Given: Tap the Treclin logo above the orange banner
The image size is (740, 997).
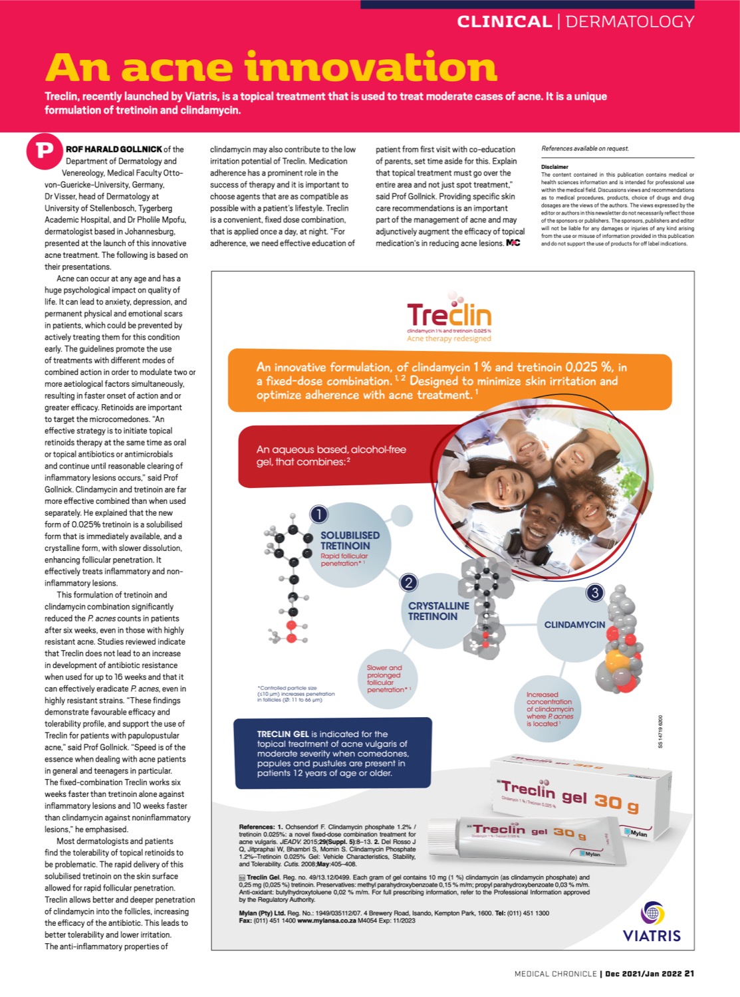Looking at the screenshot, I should coord(449,316).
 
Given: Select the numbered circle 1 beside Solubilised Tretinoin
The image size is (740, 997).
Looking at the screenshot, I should coord(318,514).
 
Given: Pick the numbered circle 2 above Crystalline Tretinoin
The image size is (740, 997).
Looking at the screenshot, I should coord(408,583).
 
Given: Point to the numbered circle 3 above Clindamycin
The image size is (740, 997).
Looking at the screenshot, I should coord(594,592).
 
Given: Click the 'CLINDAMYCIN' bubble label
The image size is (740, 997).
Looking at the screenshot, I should coord(574,625).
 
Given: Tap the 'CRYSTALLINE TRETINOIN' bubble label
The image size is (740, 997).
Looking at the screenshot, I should coord(438,611).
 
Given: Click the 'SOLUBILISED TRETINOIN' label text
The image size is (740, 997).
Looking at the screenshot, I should coord(350,540).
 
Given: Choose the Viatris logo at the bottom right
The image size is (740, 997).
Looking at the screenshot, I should coord(652,922).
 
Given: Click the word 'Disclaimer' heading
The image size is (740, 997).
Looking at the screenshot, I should coord(555,167).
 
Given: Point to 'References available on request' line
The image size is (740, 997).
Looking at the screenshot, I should coord(584,148).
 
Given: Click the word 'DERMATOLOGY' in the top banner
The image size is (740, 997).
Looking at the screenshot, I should coord(630,22).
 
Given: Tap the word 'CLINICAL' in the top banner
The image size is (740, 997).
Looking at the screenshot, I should coord(504,22).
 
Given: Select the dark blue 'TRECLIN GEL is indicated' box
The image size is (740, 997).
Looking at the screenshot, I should coord(332,753).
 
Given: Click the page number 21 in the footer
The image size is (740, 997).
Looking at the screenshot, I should coord(689,974).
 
